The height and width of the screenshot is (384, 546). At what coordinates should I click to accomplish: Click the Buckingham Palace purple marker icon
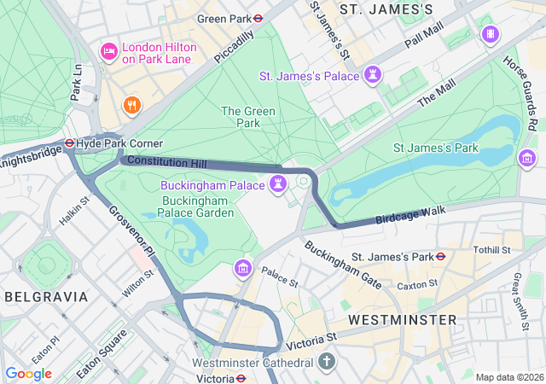click(x=278, y=184)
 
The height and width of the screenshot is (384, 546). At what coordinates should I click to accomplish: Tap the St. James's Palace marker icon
click(x=372, y=76)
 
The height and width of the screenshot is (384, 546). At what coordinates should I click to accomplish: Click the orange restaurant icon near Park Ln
click(x=131, y=105)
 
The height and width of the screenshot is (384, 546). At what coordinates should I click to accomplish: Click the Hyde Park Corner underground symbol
click(x=70, y=143)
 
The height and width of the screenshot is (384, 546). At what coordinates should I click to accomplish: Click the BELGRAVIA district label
click(x=46, y=297)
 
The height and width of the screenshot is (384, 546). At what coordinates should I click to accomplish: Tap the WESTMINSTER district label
click(x=403, y=319)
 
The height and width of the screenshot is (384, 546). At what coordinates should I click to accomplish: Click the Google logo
click(x=28, y=374)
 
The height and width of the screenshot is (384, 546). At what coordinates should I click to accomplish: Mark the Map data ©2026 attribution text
click(x=508, y=377)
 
